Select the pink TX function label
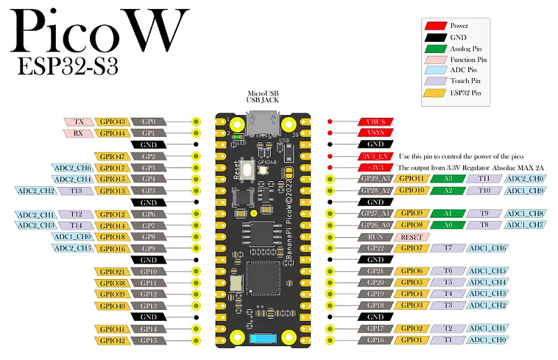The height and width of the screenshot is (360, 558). tap(78, 121)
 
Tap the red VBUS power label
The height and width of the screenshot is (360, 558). tap(376, 121)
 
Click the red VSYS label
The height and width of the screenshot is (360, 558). tap(376, 133)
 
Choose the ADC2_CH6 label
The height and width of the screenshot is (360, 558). tap(72, 167)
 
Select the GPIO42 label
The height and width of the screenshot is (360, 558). tap(111, 340)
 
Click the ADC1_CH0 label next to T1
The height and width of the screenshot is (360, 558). tap(487, 340)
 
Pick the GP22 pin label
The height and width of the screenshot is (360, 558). tap(376, 248)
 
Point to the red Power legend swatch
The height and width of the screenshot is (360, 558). tap(436, 26)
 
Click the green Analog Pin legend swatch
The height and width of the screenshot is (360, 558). tap(436, 48)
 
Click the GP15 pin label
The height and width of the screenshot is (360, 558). tap(149, 340)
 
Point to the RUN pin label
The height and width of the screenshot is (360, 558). tap(376, 237)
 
